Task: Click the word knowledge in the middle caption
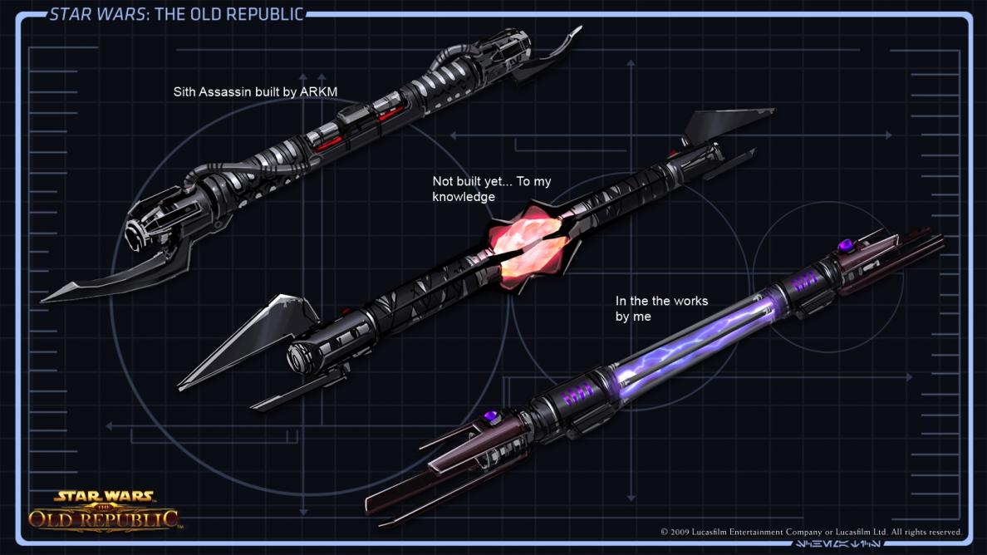tap(463, 197)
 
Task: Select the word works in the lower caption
tap(690, 301)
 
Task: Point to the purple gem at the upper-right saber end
tap(846, 245)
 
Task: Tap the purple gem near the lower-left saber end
tap(491, 415)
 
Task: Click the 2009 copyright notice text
tap(811, 532)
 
